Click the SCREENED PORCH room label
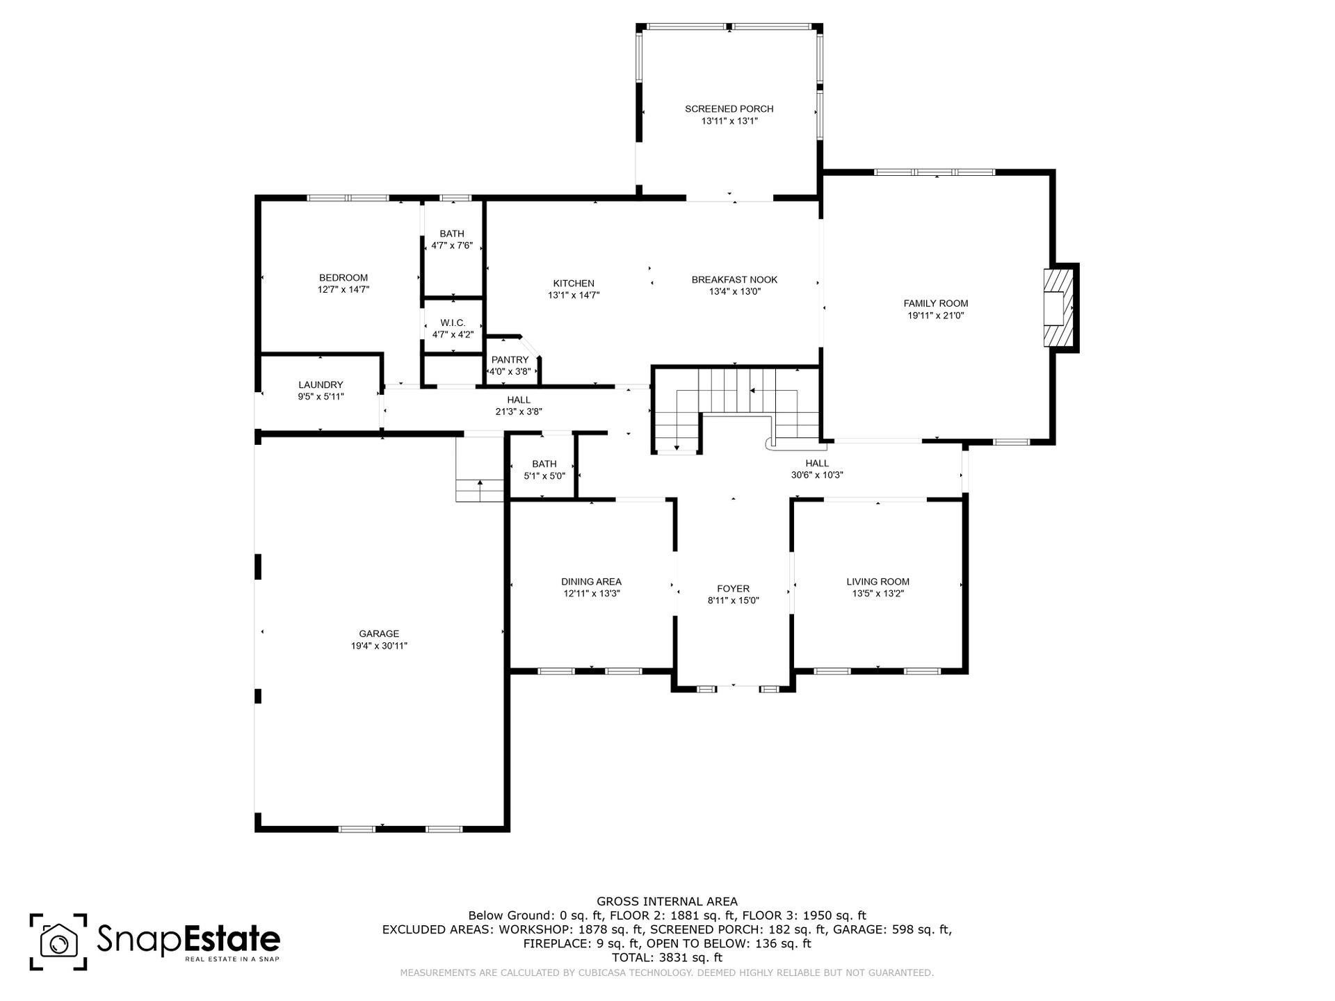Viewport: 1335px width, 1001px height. tap(729, 109)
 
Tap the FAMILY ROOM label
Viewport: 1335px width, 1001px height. tap(935, 304)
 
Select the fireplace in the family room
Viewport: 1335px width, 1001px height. tap(1058, 307)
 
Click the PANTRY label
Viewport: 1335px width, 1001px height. tap(510, 360)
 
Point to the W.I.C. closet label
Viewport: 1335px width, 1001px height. tap(453, 323)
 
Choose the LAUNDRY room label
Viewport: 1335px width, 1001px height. tap(321, 385)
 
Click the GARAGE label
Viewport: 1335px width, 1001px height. tap(379, 634)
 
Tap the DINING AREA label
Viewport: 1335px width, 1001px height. tap(591, 582)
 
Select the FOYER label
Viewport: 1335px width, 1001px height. tap(733, 589)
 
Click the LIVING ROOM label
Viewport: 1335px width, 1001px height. tap(877, 582)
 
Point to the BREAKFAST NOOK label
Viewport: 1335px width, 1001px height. tap(734, 280)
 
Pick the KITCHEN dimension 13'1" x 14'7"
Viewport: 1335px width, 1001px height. tap(574, 295)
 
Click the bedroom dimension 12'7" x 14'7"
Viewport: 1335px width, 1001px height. tap(343, 290)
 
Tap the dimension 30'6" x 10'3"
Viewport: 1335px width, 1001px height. tap(817, 475)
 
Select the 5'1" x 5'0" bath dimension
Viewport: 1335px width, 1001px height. tap(544, 476)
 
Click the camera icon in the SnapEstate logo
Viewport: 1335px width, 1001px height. tap(58, 942)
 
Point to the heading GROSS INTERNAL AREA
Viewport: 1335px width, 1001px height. tap(667, 902)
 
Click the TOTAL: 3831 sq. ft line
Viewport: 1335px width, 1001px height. tap(667, 957)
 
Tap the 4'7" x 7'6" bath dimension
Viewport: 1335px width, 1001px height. tap(452, 245)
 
